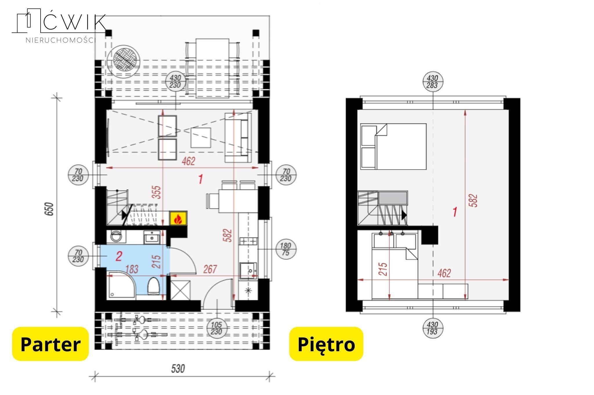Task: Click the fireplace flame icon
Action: pyautogui.click(x=178, y=219)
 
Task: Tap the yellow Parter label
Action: pyautogui.click(x=50, y=344)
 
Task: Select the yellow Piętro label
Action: pyautogui.click(x=326, y=344)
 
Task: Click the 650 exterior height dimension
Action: pyautogui.click(x=50, y=209)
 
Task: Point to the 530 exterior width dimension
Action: pyautogui.click(x=178, y=369)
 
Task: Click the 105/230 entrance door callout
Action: pyautogui.click(x=217, y=328)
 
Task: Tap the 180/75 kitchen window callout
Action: pyautogui.click(x=286, y=249)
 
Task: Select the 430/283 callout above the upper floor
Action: pyautogui.click(x=432, y=81)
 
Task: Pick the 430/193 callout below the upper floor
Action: pyautogui.click(x=432, y=328)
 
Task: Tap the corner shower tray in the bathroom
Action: pyautogui.click(x=121, y=285)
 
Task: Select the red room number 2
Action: pyautogui.click(x=119, y=256)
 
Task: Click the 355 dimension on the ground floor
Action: pyautogui.click(x=156, y=192)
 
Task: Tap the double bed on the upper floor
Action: pyautogui.click(x=393, y=146)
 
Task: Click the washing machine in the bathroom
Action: pyautogui.click(x=116, y=237)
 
